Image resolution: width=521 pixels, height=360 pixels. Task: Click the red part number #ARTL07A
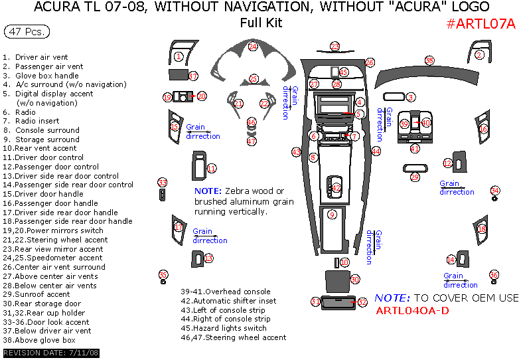(x=481, y=24)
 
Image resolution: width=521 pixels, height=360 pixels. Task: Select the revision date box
(x=52, y=353)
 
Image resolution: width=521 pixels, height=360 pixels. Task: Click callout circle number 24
(x=253, y=46)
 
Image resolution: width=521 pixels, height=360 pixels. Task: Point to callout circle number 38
(x=429, y=61)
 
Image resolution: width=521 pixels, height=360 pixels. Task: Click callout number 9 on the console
(x=332, y=215)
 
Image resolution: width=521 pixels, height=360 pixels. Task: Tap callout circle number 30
(x=355, y=280)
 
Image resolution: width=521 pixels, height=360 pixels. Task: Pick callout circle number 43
(x=297, y=152)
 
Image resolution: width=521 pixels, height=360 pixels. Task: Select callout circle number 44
(x=376, y=151)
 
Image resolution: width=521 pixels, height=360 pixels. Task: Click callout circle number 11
(x=211, y=168)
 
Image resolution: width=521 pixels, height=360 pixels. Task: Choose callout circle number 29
(x=415, y=177)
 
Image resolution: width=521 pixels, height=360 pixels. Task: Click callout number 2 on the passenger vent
(x=479, y=55)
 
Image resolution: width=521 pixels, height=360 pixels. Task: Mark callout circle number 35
(x=163, y=275)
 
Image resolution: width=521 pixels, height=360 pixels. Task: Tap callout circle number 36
(x=494, y=275)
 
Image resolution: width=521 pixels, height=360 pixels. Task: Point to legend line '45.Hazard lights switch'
(x=224, y=328)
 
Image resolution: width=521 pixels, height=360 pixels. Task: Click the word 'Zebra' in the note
(x=237, y=191)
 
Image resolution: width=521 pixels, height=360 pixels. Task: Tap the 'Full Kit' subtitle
(x=261, y=23)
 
